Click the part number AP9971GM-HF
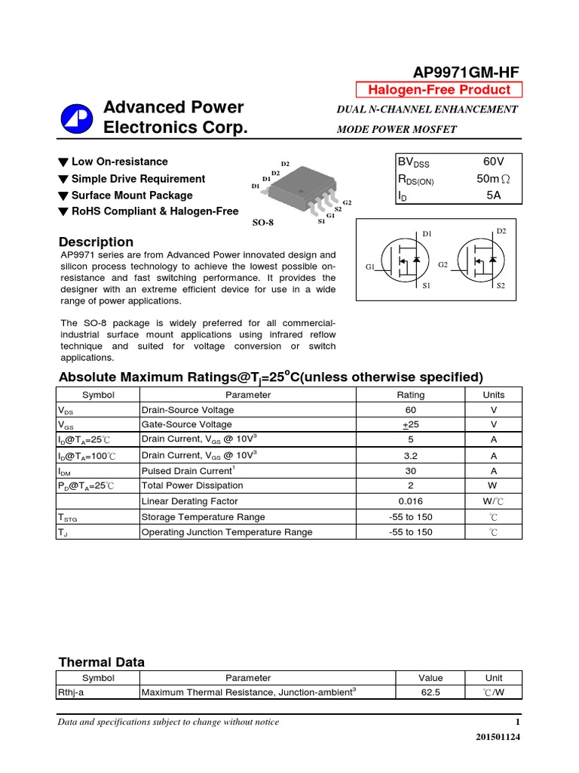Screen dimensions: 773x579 pyautogui.click(x=465, y=72)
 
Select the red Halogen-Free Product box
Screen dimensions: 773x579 pyautogui.click(x=439, y=90)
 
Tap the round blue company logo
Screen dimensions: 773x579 pyautogui.click(x=78, y=119)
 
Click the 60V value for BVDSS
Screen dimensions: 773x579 pyautogui.click(x=493, y=162)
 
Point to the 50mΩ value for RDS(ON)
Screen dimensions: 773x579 pyautogui.click(x=493, y=179)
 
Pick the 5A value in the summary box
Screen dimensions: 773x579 pyautogui.click(x=493, y=196)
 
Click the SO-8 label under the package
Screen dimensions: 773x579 pyautogui.click(x=262, y=223)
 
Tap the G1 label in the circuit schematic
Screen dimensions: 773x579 pyautogui.click(x=370, y=266)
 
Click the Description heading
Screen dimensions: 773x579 pyautogui.click(x=96, y=242)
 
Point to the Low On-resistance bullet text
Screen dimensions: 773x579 pyautogui.click(x=119, y=162)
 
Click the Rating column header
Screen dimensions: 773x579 pyautogui.click(x=410, y=395)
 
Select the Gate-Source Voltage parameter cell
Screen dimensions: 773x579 pyautogui.click(x=187, y=424)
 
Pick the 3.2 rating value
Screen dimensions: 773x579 pyautogui.click(x=410, y=455)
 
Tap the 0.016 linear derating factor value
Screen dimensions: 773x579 pyautogui.click(x=410, y=501)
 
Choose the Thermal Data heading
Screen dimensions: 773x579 pyautogui.click(x=101, y=662)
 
